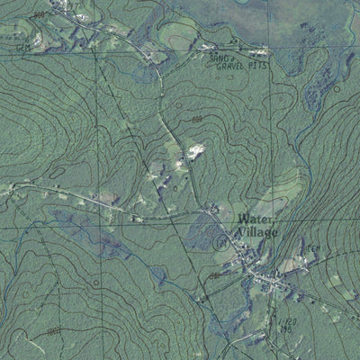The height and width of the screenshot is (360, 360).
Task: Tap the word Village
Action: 257,232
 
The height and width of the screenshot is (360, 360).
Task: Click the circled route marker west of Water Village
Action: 221,240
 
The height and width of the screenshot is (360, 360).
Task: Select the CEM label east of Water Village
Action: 313,249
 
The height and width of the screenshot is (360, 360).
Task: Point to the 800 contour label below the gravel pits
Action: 197,119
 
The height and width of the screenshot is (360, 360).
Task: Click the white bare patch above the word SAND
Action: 206,46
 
